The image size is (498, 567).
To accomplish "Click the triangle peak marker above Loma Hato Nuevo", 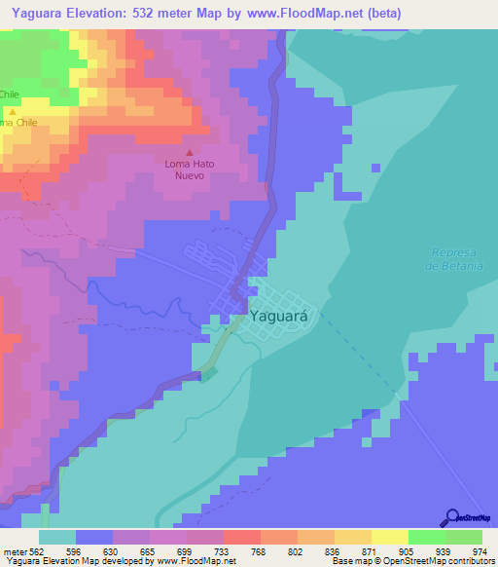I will [190, 152].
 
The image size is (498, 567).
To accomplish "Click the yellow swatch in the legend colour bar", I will [389, 537].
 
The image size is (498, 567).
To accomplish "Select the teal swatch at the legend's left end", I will [57, 537].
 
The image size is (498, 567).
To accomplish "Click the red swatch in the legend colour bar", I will [241, 537].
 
